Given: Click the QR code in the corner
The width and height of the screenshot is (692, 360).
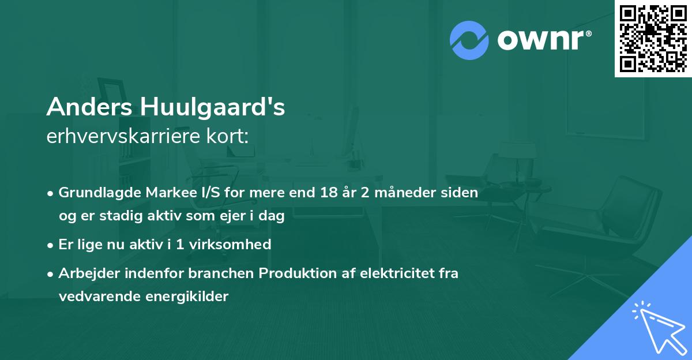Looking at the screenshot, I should [x=653, y=38].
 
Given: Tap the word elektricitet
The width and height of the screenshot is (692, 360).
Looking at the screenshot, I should [x=388, y=273].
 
